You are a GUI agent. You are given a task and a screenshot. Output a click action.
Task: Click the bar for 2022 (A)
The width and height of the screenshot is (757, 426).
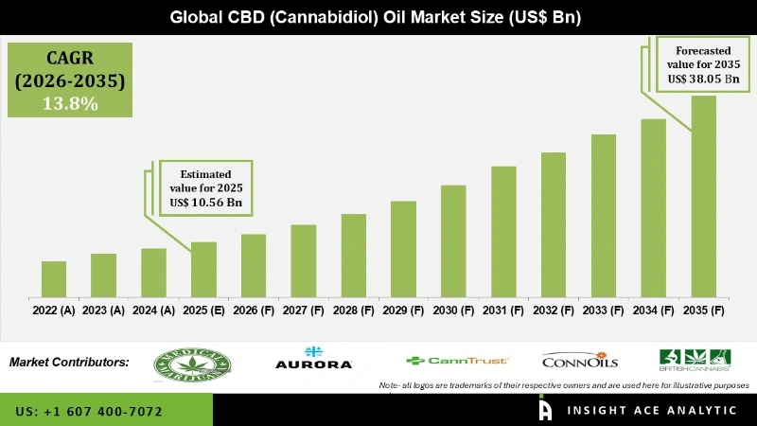coord(54,278)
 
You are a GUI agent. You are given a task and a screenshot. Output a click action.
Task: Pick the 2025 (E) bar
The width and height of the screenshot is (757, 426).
coord(203,269)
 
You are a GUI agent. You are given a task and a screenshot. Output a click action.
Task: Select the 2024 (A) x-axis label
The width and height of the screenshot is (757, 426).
coord(153,310)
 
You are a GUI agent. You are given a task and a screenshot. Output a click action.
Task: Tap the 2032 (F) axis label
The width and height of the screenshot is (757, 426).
coord(554,310)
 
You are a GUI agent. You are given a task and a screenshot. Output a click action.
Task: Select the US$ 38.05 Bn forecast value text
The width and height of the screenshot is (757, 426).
coord(702,79)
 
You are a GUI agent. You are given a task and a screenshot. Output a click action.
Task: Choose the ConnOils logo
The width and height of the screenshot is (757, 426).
coord(579,361)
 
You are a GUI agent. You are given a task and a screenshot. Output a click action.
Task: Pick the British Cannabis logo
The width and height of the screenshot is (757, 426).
coord(695,360)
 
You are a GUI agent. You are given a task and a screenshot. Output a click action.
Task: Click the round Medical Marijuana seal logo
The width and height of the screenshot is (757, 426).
coord(192,362)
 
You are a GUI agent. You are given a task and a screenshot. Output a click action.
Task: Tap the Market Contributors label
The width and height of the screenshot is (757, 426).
coord(69,362)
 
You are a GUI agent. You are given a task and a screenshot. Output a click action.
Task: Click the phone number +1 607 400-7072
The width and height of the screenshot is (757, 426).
coord(89,411)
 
